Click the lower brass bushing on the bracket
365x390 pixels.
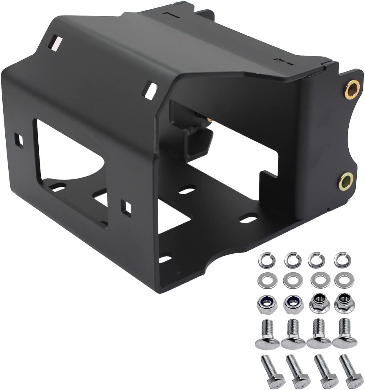[346, 180]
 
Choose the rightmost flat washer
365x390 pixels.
[342, 280]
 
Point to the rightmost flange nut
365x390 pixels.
[342, 302]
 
